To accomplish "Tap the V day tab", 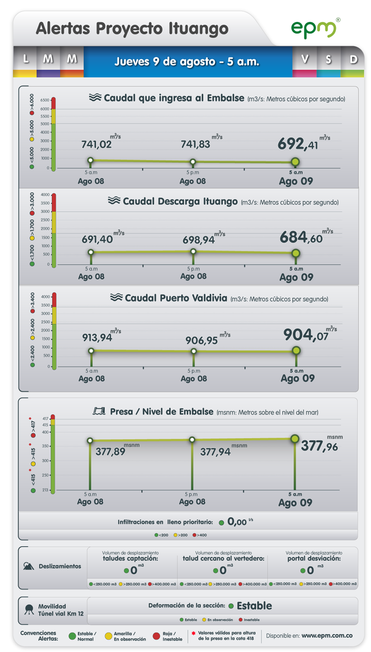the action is [304, 62].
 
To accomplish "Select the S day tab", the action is [329, 62].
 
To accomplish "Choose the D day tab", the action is [352, 62].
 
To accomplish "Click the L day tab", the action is [25, 62].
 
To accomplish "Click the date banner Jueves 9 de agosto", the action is [187, 62].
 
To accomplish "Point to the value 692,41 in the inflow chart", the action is [298, 144].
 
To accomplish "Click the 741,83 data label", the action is [195, 144].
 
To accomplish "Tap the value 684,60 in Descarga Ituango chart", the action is [301, 237].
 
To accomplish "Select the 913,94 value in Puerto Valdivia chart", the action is [97, 338].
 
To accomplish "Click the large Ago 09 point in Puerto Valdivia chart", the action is [296, 350].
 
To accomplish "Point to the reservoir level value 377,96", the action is [319, 446].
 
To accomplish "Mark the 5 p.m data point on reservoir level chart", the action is [192, 440].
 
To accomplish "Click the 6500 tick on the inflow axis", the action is [45, 100].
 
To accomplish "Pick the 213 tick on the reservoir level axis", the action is [45, 490].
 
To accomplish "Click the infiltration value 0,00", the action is [237, 522].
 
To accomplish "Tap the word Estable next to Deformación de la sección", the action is [254, 606].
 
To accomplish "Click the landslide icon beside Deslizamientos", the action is [28, 566].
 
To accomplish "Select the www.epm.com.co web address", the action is [327, 636].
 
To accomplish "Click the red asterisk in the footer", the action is [193, 633].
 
